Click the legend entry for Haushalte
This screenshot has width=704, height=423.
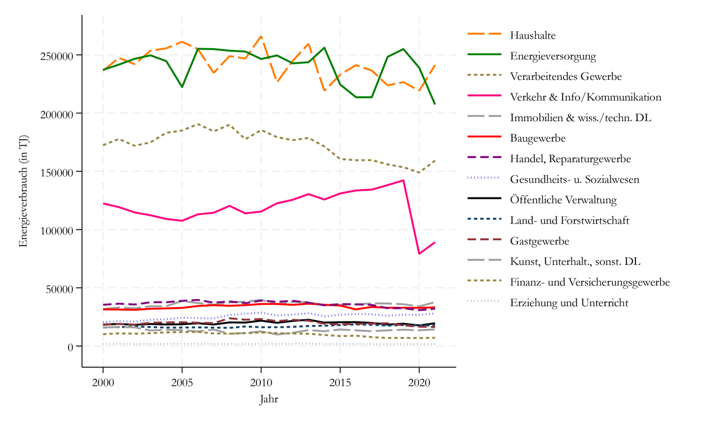click(533, 36)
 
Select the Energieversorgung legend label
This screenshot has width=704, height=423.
click(553, 56)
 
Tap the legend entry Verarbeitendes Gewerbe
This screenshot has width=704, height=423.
click(566, 76)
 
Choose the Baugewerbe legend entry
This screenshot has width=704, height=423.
click(537, 138)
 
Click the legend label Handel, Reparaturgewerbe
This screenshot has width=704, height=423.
click(570, 159)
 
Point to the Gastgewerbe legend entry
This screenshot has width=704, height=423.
click(539, 241)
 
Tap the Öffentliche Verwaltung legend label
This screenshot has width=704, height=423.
click(563, 200)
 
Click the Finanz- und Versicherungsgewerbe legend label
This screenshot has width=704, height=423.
click(590, 282)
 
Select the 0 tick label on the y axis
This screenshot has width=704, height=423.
click(70, 347)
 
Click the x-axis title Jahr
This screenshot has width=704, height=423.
click(269, 400)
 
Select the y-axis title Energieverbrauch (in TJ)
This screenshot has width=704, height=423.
click(23, 192)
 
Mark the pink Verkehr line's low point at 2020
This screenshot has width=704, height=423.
click(419, 254)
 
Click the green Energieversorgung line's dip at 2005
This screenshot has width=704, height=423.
click(182, 87)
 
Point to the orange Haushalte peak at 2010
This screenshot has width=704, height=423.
click(261, 36)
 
